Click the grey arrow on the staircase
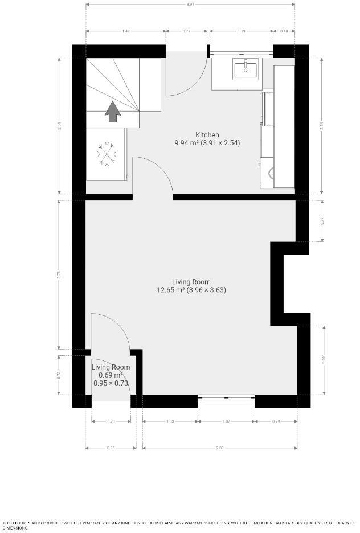coord(113,112)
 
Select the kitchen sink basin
coord(245,70)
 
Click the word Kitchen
coord(207,135)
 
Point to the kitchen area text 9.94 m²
coord(186,143)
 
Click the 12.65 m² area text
coord(169,290)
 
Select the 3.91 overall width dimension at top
coord(190,5)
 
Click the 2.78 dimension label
coord(59,275)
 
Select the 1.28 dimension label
coord(324,360)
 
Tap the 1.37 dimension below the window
coord(226,421)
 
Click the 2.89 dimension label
coord(220,448)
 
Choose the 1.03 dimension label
coord(170,421)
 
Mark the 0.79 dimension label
coord(276,421)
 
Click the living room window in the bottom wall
coord(226,399)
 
